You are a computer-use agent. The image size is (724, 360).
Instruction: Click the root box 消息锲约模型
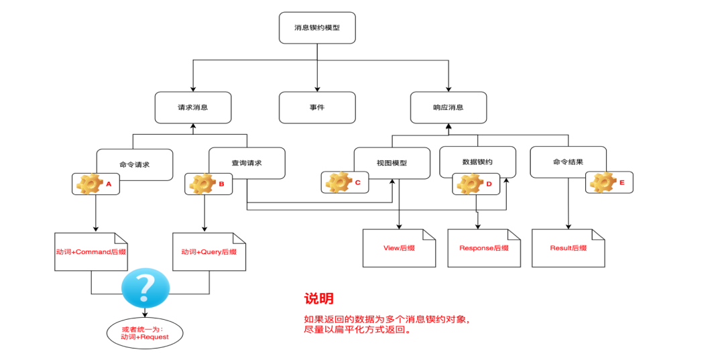click(317, 28)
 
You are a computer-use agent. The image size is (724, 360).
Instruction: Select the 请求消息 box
click(193, 107)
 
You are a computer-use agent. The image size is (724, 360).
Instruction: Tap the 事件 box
click(317, 107)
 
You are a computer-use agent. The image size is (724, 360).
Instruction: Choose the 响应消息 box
click(448, 107)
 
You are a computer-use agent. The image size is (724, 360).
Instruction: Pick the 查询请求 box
click(247, 163)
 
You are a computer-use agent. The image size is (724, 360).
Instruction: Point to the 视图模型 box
click(392, 163)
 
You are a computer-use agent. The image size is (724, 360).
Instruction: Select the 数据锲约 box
click(477, 162)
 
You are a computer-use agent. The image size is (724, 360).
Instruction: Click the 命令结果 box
click(568, 162)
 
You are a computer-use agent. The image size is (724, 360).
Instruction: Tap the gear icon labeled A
click(87, 184)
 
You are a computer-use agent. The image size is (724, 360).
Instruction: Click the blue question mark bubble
click(145, 290)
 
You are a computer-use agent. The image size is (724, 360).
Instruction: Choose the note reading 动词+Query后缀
click(208, 252)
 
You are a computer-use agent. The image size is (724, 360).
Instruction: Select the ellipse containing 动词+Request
click(145, 333)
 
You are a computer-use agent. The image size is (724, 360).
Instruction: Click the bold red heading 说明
click(318, 299)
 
